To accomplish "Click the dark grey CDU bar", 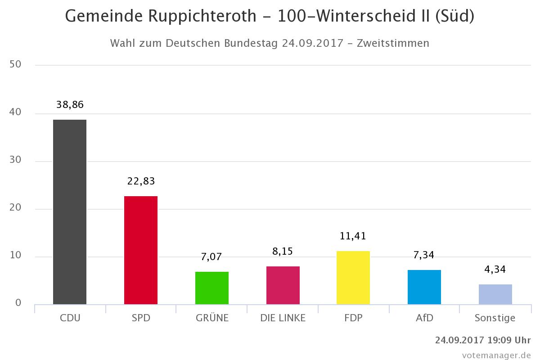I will pos(70,211).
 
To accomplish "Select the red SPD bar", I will pos(140,250).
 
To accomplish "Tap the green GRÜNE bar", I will pos(211,288).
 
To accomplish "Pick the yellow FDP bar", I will pos(353,278).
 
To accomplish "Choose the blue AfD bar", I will pos(424,287).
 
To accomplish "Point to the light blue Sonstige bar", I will pos(495,294).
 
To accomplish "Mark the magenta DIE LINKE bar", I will pos(283,285).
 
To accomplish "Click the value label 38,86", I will pos(70,105).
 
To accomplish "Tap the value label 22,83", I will pos(140,181).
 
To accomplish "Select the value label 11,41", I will pos(353,236).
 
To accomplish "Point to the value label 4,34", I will pos(495,270).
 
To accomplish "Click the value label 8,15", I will pos(283,251).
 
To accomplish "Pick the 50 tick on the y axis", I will pos(15,64).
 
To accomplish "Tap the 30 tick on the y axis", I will pos(15,161).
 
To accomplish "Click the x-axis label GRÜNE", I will pos(212,318).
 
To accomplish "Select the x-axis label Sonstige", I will pos(495,318).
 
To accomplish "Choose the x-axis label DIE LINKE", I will pos(283,318).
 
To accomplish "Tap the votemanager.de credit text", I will pos(496,354).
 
